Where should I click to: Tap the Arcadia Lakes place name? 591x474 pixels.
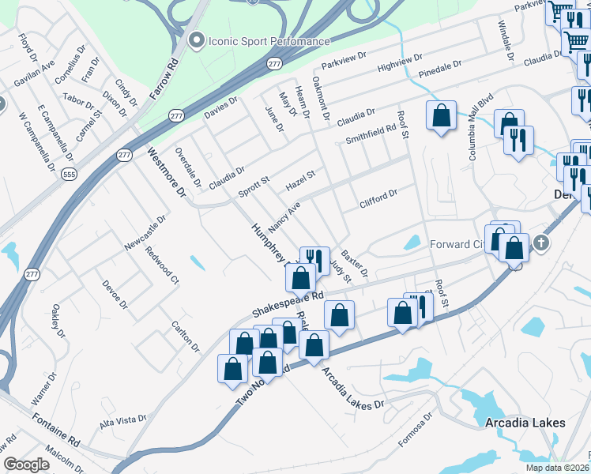point(525,423)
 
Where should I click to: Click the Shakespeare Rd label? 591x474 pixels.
point(288,303)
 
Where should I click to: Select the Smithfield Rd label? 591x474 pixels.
point(371,134)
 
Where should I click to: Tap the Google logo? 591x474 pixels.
point(26,465)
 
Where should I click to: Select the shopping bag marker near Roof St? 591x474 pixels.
point(441,115)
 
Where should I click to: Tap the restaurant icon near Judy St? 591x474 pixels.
point(314,259)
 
